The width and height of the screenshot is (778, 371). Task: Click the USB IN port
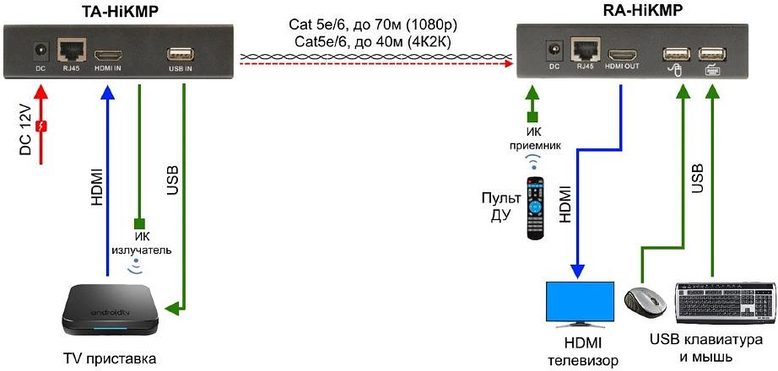182,51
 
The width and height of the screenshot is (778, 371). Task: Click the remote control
535,207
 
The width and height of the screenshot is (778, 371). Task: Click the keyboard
725,301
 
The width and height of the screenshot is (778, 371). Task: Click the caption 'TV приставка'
110,358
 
